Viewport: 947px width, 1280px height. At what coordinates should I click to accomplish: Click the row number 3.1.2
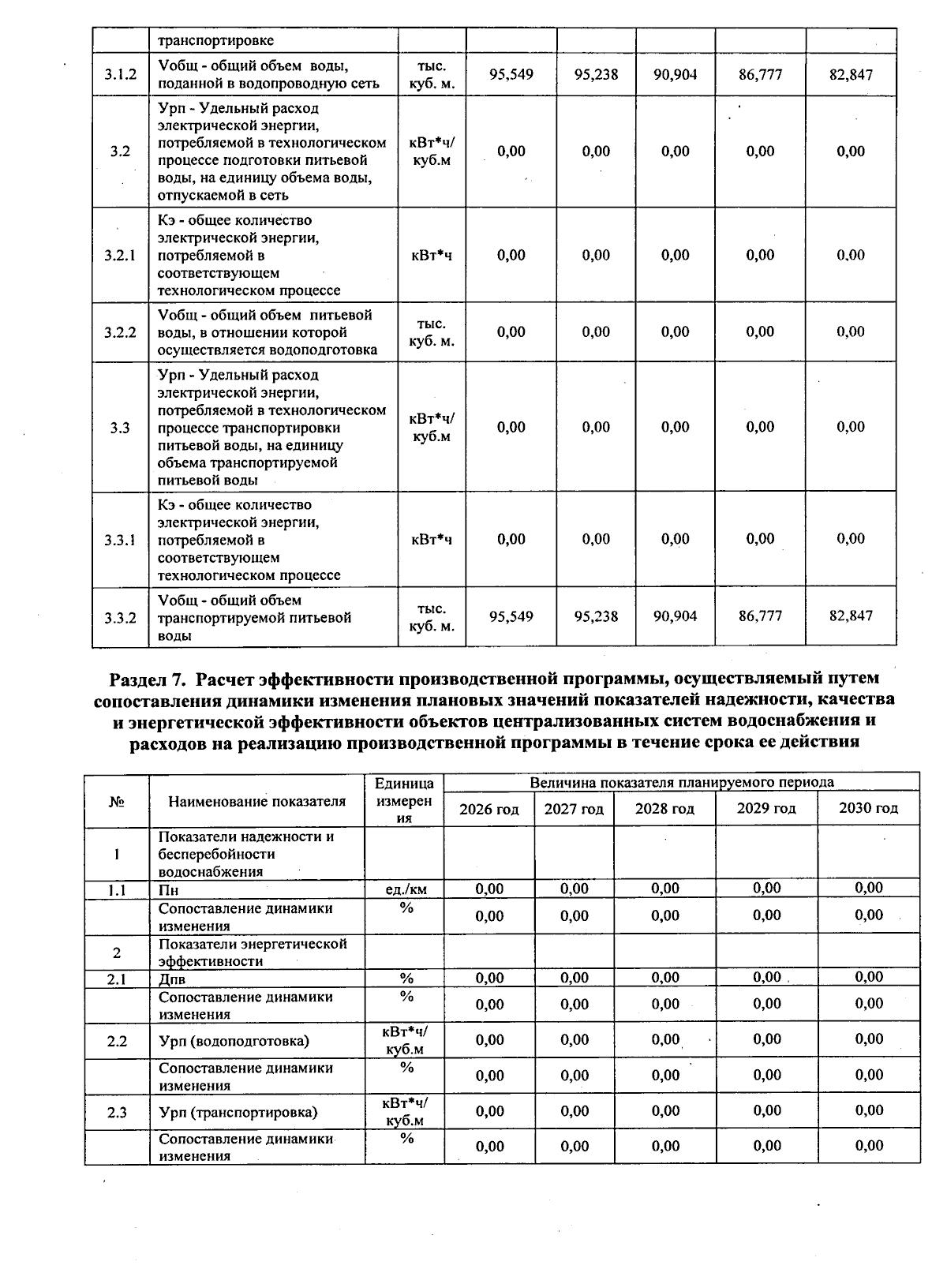pos(120,75)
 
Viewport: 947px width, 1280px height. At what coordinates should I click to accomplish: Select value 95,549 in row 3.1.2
pos(511,75)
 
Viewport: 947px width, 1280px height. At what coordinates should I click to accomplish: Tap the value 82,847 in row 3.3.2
pos(851,616)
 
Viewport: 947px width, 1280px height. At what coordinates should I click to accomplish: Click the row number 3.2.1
pos(120,256)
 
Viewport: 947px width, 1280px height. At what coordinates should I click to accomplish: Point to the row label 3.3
pos(120,428)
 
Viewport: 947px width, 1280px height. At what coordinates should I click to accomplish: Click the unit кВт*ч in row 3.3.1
pos(432,540)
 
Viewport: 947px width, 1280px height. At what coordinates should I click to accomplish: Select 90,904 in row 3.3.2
pos(676,616)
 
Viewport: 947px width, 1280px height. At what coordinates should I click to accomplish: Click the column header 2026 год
pos(489,809)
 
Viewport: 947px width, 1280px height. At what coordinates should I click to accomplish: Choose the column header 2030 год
pos(868,808)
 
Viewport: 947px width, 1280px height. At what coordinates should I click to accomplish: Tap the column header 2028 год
pos(664,809)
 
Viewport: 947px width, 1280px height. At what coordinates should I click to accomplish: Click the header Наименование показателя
pos(256,801)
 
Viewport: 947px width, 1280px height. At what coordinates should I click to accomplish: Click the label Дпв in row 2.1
pos(172,979)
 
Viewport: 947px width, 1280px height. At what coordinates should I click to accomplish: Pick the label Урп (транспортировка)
pos(238,1113)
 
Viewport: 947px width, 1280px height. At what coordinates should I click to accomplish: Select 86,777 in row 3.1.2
pos(760,75)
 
